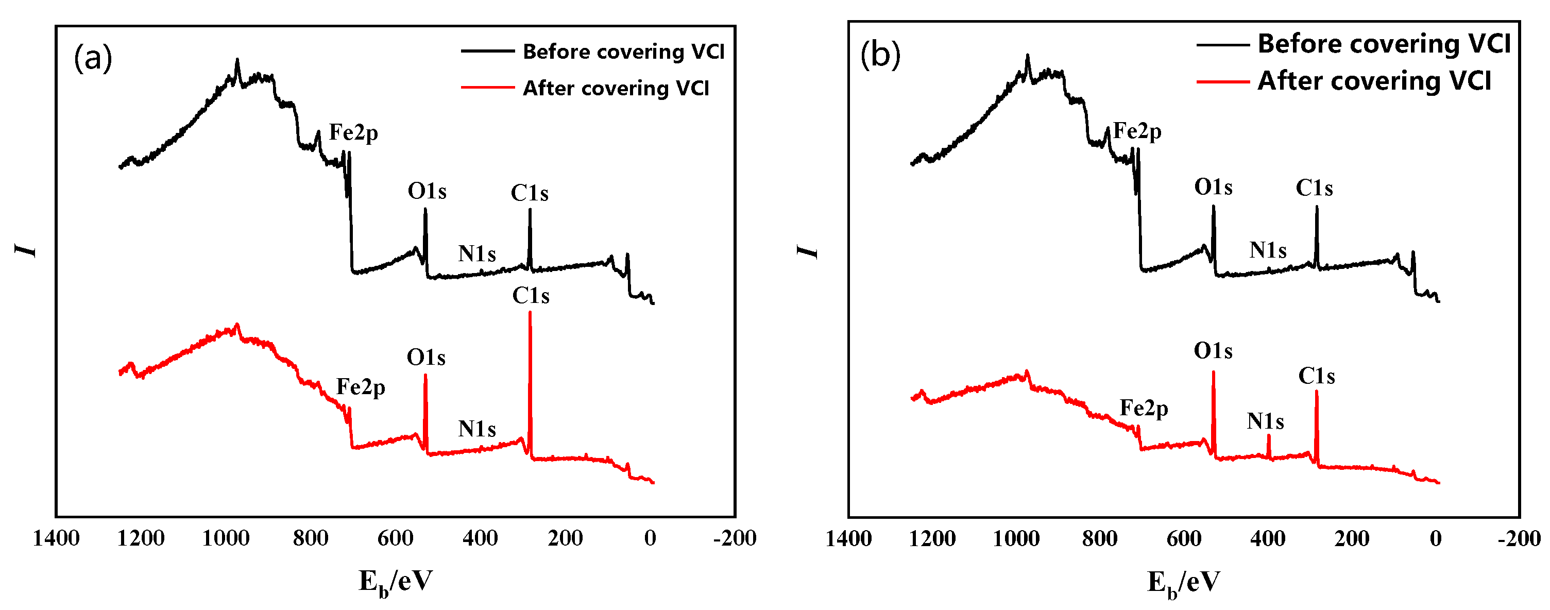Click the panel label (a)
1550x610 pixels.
(x=93, y=58)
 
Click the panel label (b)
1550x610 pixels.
(x=880, y=55)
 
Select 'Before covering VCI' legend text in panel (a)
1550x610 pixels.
(x=623, y=52)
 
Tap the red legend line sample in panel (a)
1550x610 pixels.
(x=487, y=88)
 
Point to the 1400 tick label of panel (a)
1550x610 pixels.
(x=56, y=538)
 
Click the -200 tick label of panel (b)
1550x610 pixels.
(x=1519, y=538)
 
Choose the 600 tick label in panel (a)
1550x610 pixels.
(x=395, y=538)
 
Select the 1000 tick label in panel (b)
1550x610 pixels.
(x=1016, y=538)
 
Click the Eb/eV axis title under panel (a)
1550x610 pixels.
(x=395, y=582)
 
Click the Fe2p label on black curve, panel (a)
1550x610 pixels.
(x=353, y=132)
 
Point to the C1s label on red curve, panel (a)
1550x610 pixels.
(x=531, y=295)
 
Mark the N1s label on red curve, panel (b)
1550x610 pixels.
(x=1265, y=421)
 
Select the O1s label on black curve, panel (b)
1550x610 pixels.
(x=1213, y=187)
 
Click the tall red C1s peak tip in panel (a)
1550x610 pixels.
(x=530, y=313)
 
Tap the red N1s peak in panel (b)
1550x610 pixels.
(x=1268, y=437)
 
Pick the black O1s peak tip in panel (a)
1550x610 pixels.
(x=425, y=210)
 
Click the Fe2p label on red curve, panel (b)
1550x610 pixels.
(x=1143, y=408)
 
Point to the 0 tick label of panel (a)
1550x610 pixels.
(x=650, y=538)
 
